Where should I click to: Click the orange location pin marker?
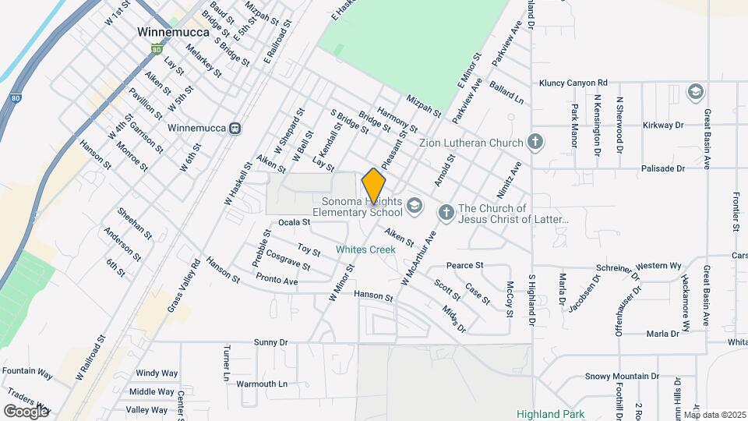coord(374,186)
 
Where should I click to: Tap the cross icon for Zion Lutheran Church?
coord(535,142)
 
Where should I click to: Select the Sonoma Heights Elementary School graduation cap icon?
coord(415,206)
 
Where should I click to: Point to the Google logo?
coord(25,411)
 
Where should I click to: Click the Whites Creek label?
coord(365,249)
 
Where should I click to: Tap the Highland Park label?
coord(549,414)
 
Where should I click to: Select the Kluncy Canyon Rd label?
coord(573,83)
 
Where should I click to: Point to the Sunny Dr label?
coord(271,342)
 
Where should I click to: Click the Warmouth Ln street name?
coord(262,384)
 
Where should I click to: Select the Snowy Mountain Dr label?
coord(622,376)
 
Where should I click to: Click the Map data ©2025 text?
coord(714,415)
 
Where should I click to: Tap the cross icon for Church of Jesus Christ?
coord(446,212)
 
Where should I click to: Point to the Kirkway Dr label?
coord(663,125)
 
